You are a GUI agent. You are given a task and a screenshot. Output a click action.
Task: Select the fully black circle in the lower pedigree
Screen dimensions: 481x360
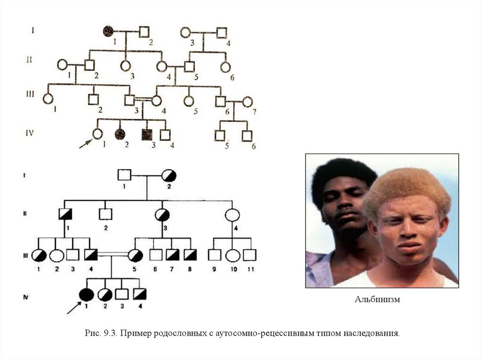(86, 294)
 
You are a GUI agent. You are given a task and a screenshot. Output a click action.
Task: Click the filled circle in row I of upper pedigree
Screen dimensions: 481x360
(109, 32)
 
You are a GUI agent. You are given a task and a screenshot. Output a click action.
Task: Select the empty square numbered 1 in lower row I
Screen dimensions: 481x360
(124, 175)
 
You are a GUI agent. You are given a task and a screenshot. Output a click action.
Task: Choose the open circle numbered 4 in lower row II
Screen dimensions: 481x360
(233, 215)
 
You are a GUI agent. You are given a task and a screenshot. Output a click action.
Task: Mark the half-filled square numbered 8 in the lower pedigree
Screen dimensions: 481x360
(190, 255)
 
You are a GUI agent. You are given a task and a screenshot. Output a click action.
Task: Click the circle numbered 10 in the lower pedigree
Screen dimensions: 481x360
(233, 255)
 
